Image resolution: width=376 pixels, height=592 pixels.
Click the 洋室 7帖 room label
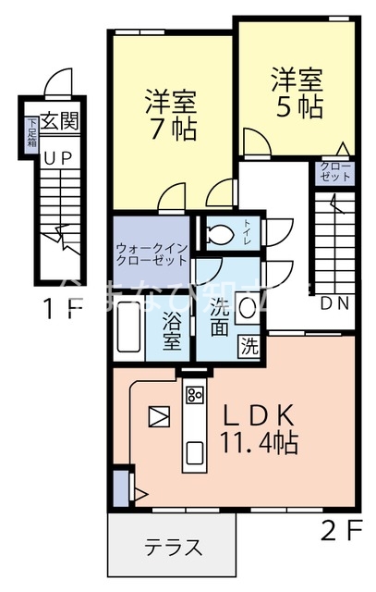(172, 114)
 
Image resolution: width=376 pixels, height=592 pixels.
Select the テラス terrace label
(173, 547)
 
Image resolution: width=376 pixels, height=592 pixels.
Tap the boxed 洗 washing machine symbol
(249, 347)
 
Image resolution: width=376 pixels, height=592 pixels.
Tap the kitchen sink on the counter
(195, 452)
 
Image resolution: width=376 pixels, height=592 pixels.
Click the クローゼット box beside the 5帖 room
(335, 171)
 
